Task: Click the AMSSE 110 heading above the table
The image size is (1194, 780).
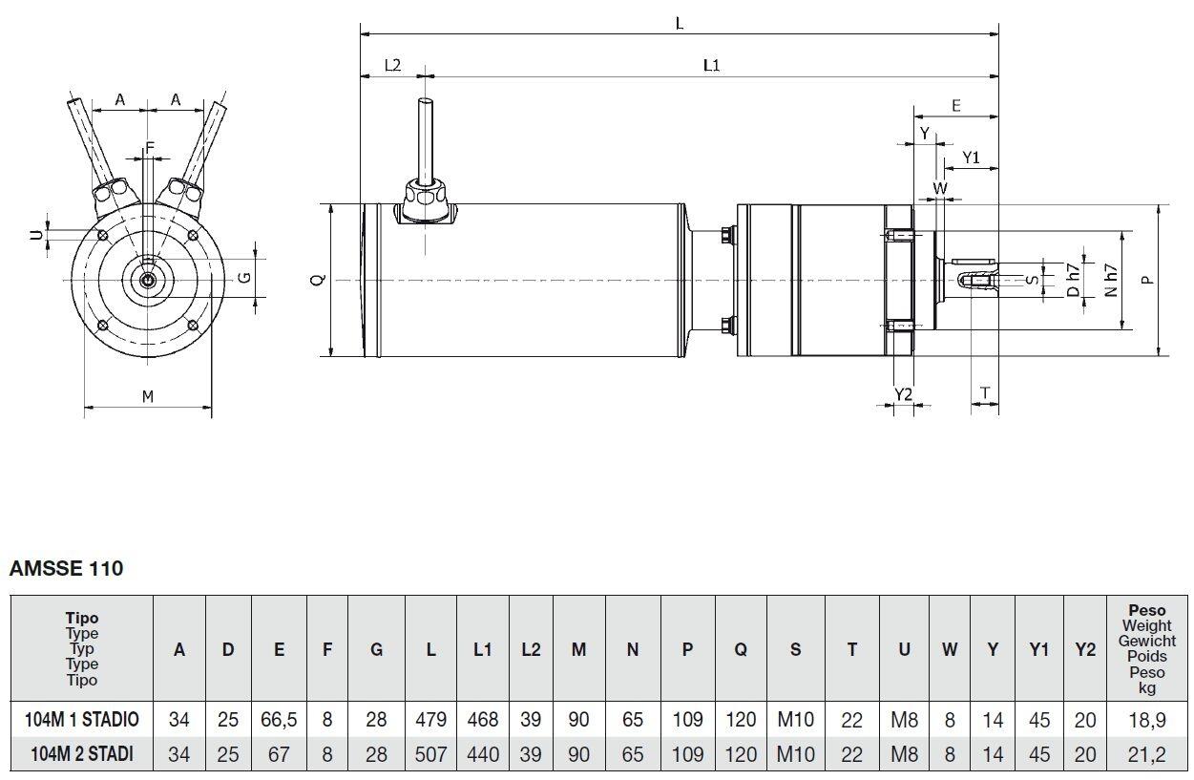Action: pos(66,569)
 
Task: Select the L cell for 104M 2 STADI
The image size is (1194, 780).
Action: pos(430,754)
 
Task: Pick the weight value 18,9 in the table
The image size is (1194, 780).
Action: pos(1145,720)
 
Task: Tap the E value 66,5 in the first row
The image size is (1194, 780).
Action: pos(279,720)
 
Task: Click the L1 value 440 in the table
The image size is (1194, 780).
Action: pos(483,754)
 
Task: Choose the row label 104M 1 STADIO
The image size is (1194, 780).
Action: pos(84,720)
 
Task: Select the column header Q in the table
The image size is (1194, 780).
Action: pos(741,650)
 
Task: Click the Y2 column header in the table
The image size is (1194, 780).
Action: pos(1085,650)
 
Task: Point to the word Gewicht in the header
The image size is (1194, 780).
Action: pos(1146,641)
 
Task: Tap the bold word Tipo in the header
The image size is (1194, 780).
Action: pos(82,619)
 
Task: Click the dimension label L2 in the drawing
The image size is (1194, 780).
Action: pos(392,65)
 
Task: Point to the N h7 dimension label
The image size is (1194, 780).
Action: pos(1111,280)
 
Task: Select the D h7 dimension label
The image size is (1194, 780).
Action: pos(1074,280)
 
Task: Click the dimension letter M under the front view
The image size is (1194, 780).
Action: pos(148,396)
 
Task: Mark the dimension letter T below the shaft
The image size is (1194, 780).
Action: pos(985,392)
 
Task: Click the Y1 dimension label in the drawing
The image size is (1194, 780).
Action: pos(971,157)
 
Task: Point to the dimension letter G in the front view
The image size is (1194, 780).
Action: pos(244,277)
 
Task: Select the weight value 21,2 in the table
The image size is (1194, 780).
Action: pos(1145,754)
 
